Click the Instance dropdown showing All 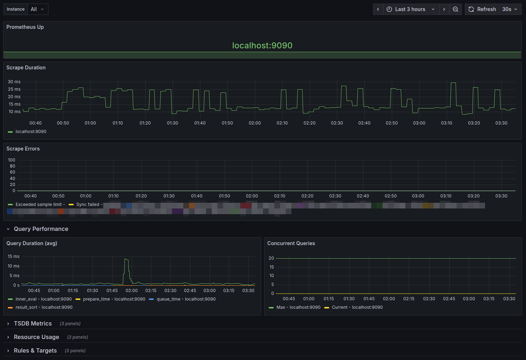[x=37, y=9]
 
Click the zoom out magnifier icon [x=456, y=9]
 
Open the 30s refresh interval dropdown [x=510, y=9]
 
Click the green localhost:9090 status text [x=262, y=46]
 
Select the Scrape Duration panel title [x=26, y=68]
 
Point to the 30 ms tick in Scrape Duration [x=14, y=82]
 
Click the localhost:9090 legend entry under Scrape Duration [x=31, y=132]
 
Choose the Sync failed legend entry [x=88, y=205]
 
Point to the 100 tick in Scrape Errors [x=12, y=160]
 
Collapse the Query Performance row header [x=41, y=229]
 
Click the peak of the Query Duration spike [x=126, y=259]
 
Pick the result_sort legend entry [x=44, y=307]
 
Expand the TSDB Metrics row [x=33, y=324]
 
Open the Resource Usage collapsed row [x=36, y=337]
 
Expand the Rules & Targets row [x=35, y=351]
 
